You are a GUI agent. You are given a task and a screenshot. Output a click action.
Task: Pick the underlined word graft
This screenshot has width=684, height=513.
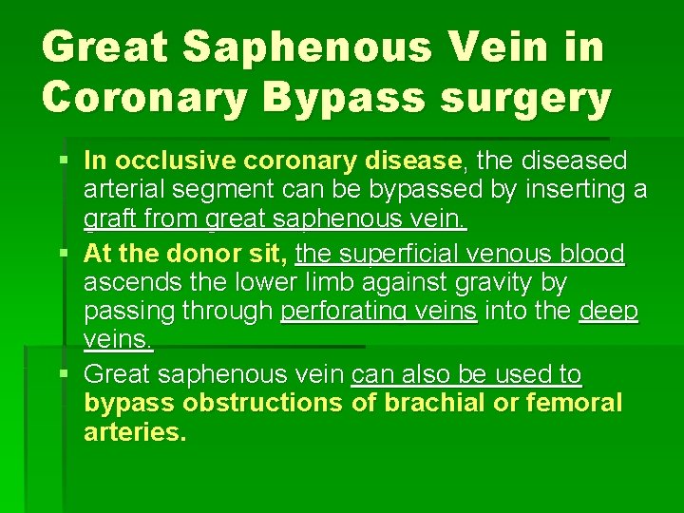106,219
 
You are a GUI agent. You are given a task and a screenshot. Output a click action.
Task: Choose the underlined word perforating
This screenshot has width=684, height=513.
379,312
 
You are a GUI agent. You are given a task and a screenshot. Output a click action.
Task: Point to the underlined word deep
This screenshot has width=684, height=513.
609,312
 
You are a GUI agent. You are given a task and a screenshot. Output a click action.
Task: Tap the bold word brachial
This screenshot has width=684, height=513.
427,403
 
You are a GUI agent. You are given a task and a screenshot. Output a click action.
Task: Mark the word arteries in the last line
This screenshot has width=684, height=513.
136,432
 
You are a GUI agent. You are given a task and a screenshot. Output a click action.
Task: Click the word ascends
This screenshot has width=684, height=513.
123,283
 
